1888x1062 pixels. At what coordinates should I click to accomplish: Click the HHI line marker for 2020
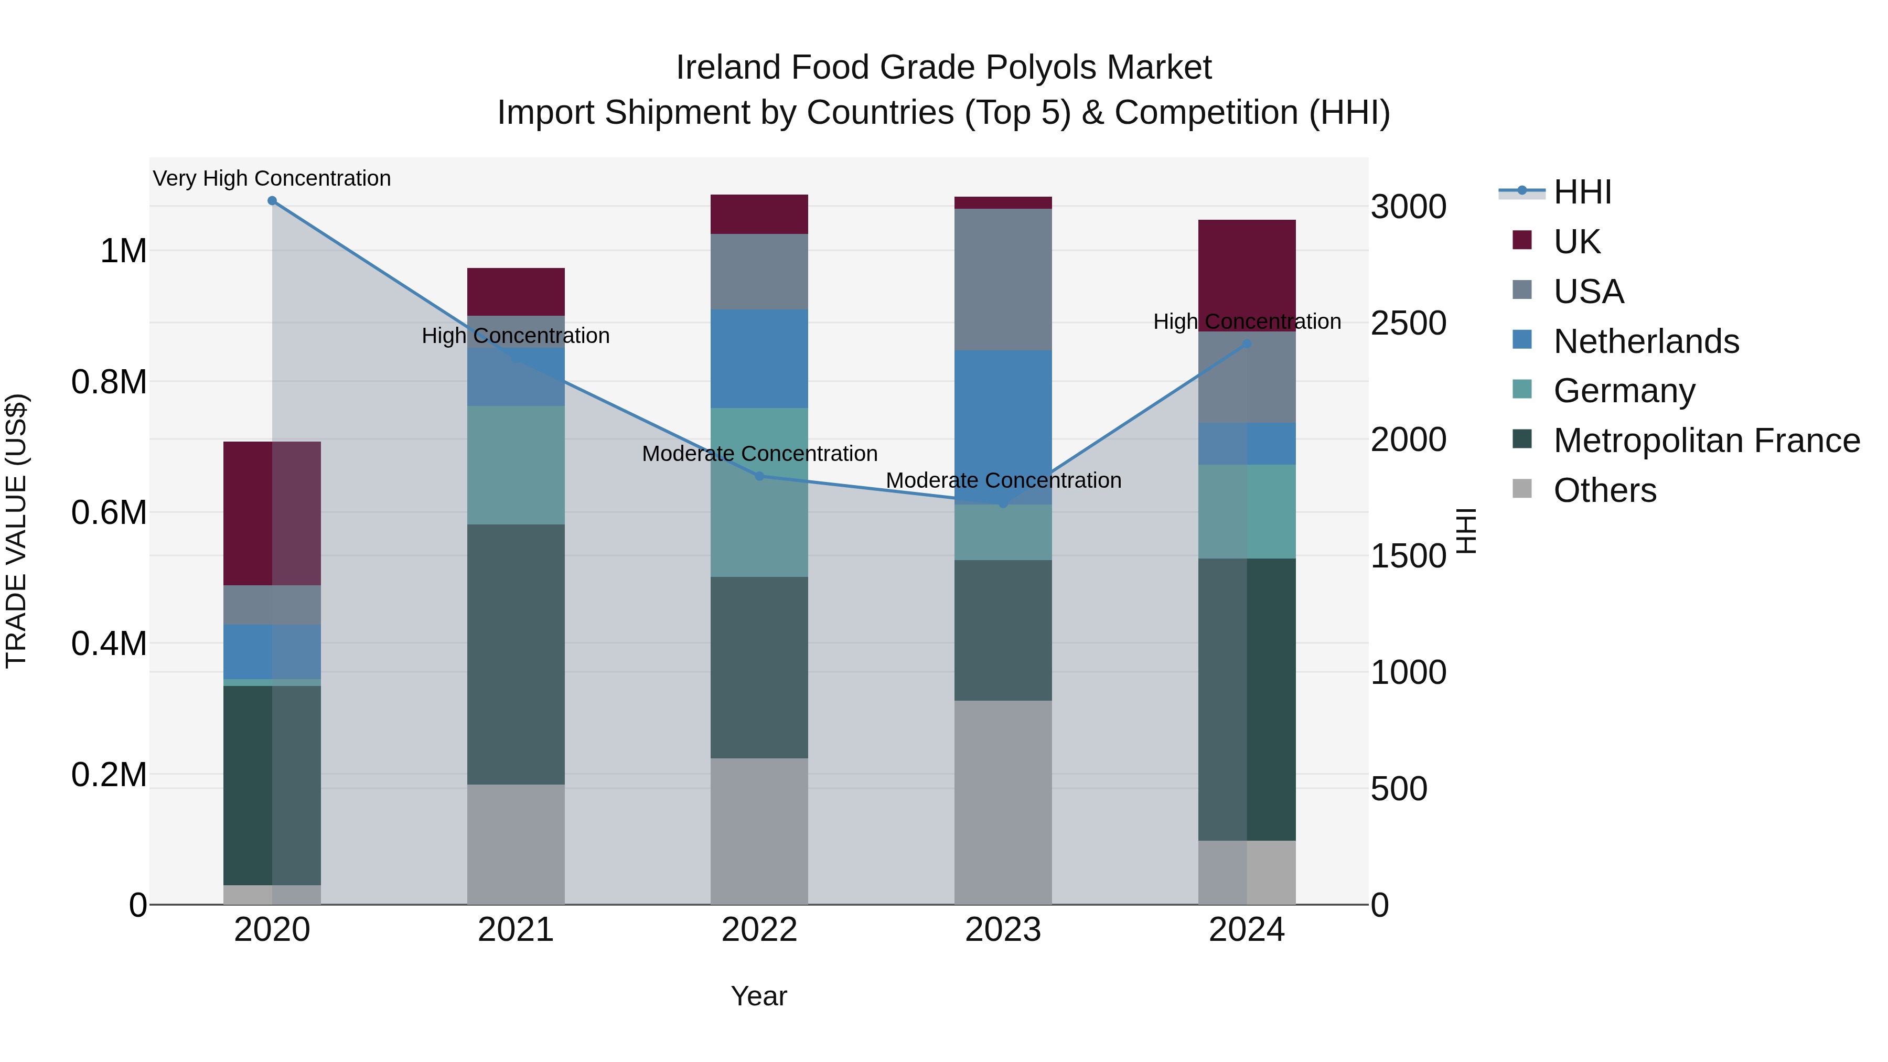coord(272,201)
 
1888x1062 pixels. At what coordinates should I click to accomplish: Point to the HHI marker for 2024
coord(1247,344)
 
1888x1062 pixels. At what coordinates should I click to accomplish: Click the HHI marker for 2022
coord(759,476)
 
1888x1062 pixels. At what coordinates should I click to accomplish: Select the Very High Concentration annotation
coord(272,178)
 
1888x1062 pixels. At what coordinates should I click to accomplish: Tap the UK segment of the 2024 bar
coord(1247,275)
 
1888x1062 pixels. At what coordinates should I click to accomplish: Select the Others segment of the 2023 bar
coord(1003,802)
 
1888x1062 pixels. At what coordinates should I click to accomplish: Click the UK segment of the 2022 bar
coord(759,214)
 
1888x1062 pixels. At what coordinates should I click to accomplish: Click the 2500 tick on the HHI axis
coord(1408,323)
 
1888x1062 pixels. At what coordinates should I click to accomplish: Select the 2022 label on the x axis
coord(759,930)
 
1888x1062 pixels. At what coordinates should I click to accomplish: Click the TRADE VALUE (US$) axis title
coord(16,531)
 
